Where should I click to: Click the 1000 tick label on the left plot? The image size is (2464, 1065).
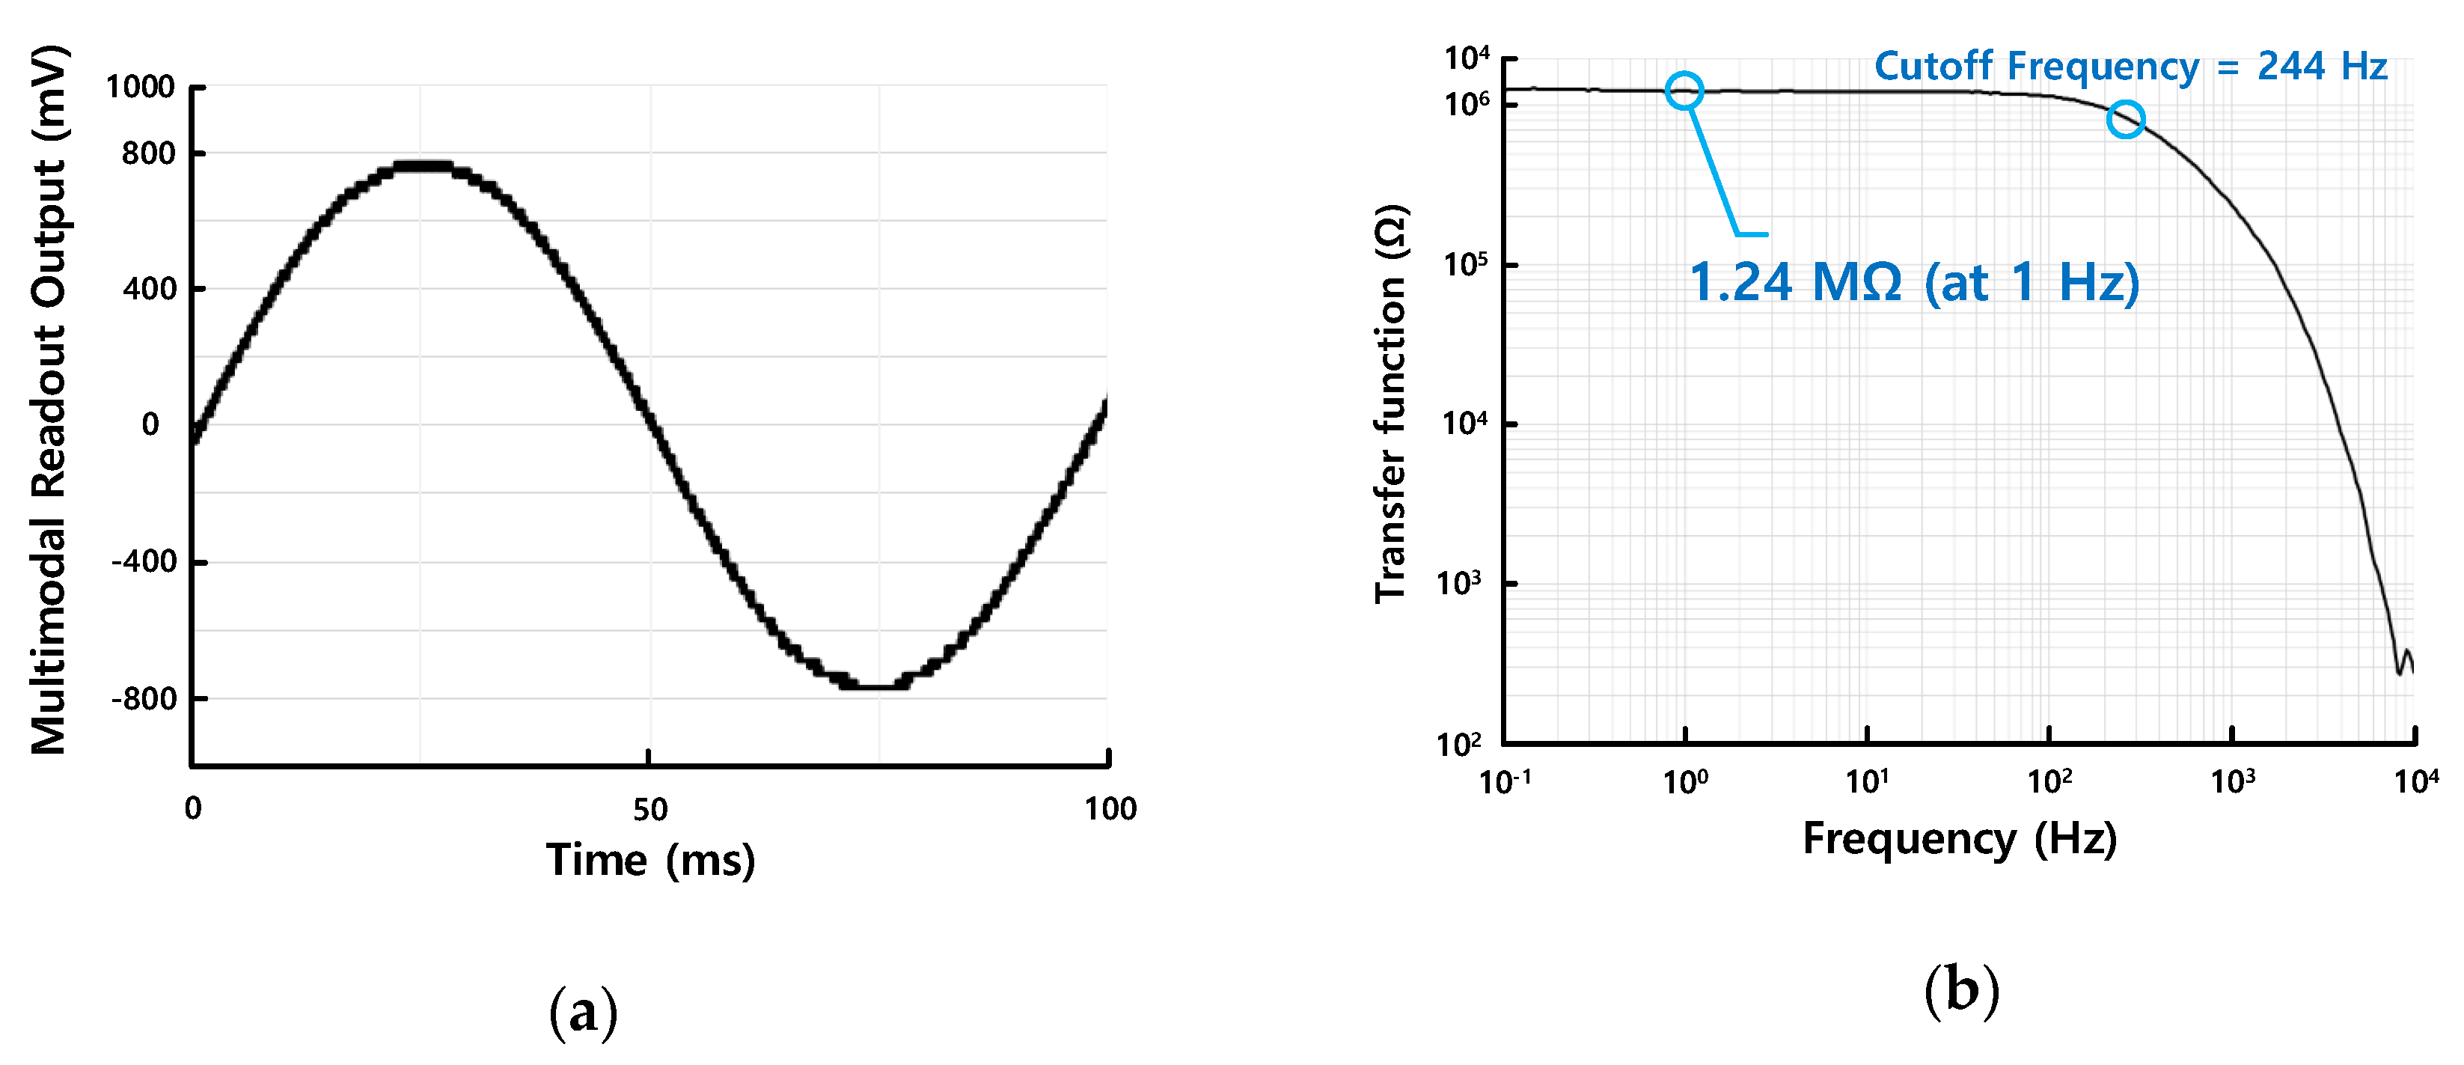point(140,87)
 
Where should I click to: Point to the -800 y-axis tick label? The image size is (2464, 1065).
point(144,698)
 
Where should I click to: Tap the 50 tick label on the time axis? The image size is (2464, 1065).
point(649,810)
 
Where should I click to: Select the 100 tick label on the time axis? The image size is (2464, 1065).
point(1110,810)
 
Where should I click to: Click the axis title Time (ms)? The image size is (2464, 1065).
point(650,859)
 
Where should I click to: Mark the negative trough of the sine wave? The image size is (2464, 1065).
point(874,685)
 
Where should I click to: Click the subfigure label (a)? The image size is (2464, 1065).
point(583,1011)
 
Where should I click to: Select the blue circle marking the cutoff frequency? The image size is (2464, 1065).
point(2125,120)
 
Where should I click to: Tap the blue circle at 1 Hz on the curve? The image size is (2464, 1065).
point(1684,91)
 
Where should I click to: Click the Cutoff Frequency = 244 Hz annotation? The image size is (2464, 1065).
point(2130,66)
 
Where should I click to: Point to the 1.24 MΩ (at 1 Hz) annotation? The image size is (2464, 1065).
point(1913,282)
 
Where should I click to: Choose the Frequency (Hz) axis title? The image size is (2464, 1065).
point(1959,838)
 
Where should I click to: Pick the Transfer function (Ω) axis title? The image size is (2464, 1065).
point(1390,403)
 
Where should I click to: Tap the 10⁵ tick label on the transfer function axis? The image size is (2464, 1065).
point(1465,264)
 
